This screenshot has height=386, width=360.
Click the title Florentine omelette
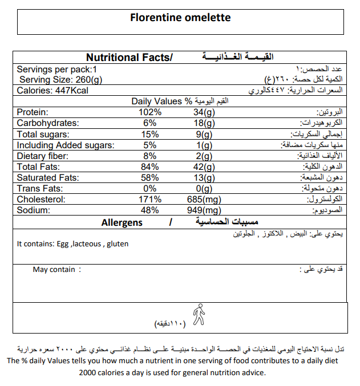point(180,18)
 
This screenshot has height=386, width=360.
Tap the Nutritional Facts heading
point(129,58)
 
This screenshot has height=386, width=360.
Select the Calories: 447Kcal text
point(52,91)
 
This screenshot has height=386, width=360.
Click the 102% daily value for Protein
point(151,112)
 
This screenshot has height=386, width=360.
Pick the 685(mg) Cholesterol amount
point(204,200)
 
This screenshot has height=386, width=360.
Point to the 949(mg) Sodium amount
point(204,210)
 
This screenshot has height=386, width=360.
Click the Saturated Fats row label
point(48,178)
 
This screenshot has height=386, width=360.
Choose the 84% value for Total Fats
point(151,167)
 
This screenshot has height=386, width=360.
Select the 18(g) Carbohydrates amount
point(204,123)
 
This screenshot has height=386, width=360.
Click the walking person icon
point(198,314)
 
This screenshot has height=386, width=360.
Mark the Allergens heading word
point(122,222)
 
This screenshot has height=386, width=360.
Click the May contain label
point(54,269)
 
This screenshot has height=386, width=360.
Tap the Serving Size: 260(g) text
point(60,80)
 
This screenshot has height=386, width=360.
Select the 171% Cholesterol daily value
point(151,200)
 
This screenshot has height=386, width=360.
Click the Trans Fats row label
point(39,189)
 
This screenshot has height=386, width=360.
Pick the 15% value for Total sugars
point(151,135)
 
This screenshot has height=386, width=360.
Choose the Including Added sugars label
point(66,145)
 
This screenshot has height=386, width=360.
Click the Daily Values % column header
point(162,101)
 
